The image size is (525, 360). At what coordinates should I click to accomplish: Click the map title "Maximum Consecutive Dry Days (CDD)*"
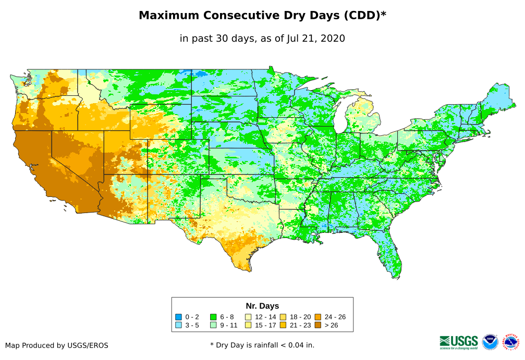262,16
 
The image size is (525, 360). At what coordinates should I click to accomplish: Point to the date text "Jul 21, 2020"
315,39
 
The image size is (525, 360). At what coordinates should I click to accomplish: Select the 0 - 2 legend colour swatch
179,317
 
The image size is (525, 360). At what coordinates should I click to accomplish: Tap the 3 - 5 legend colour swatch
179,325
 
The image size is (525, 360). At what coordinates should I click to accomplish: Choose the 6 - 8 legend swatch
213,317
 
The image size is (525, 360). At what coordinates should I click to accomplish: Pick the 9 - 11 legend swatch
213,325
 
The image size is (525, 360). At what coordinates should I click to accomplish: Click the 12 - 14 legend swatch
248,317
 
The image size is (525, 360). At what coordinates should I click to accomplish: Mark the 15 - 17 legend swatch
248,325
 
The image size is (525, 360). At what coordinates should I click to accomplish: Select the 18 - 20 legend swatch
283,317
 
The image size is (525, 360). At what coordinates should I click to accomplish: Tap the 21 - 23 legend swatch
283,325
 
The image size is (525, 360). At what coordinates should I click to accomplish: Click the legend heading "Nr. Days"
262,306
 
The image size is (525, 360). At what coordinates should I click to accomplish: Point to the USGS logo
459,342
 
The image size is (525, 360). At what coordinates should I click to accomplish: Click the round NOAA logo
490,342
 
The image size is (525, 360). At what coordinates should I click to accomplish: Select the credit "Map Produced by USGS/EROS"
57,345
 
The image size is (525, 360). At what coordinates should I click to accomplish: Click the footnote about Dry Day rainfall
262,345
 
